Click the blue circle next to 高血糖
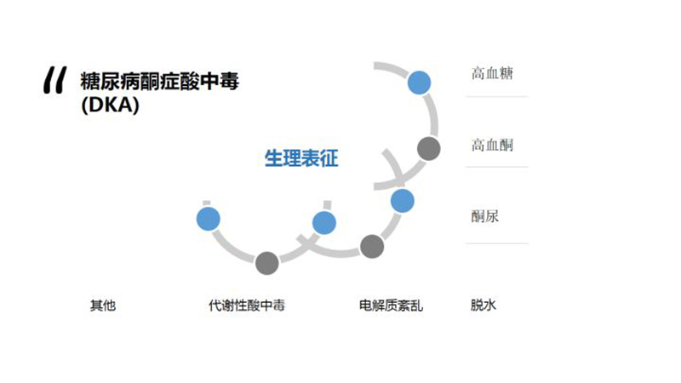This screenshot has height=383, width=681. pos(419,83)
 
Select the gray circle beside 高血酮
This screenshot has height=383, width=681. pos(429,148)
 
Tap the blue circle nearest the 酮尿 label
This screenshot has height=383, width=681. pos(402,201)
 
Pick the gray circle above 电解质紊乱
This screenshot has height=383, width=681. pos(372,246)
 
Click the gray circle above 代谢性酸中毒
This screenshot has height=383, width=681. pos(266,263)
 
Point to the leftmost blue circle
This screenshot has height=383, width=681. pos(208,219)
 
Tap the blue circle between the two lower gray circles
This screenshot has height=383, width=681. pos(324,223)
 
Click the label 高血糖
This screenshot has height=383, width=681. pos(492,73)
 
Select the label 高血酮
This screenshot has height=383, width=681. pos(492,145)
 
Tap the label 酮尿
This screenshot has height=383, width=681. pos(484,216)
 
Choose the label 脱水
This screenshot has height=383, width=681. pos(483,305)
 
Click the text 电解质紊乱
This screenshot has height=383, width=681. pos(391,306)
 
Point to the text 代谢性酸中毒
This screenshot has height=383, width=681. pos(247,306)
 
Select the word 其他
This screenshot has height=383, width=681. pos(103,306)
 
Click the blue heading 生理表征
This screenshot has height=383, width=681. pos(301,158)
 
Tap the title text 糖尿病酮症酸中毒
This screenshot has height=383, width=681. pos(159,82)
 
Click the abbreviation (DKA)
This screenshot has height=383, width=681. pos(111,105)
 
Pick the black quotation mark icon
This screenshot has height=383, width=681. pos(55,80)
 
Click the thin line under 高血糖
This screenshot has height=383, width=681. pos(496,96)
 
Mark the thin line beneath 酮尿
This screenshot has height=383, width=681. pos(496,243)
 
